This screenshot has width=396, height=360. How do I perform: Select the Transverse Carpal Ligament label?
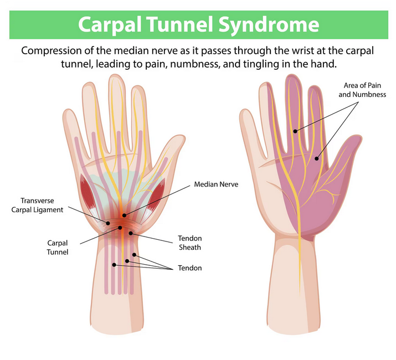pyautogui.click(x=42, y=205)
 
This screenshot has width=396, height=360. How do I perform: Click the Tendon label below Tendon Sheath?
pyautogui.click(x=190, y=268)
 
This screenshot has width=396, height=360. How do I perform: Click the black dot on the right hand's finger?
pyautogui.click(x=296, y=131)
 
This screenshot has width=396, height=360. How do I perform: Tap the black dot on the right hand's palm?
pyautogui.click(x=317, y=159)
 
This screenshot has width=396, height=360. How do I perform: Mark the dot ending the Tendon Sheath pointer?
pyautogui.click(x=131, y=233)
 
